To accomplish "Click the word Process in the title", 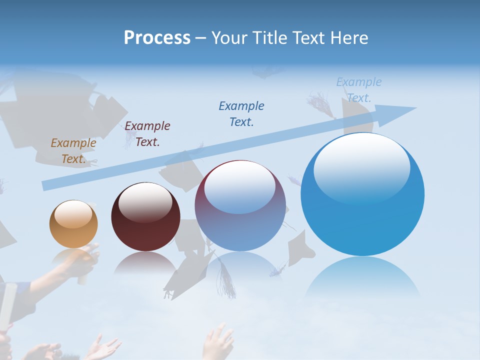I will tap(157, 38).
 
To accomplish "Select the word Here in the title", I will tap(349, 38).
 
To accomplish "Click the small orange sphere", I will tap(73, 224).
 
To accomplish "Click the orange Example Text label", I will tap(73, 151).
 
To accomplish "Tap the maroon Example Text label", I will tap(147, 134).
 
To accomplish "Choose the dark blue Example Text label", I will tap(241, 113).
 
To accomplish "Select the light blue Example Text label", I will tap(359, 89).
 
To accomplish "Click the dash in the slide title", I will tap(200, 38).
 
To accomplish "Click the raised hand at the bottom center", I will tap(218, 342).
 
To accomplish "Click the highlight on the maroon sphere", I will tap(145, 201).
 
